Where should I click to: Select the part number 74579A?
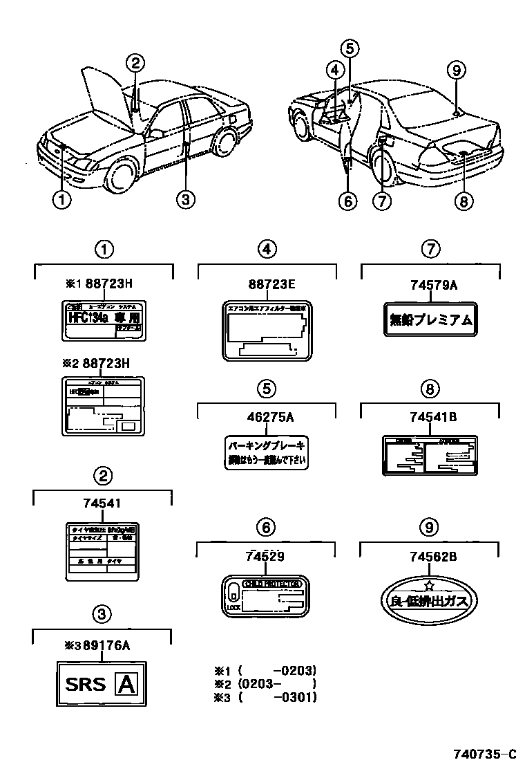[x=429, y=284]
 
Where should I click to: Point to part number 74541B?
[x=429, y=416]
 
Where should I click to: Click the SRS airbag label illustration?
[x=102, y=684]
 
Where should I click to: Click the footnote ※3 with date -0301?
[x=265, y=697]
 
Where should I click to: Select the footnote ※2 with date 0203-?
[x=265, y=683]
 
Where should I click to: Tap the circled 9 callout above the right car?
[x=455, y=69]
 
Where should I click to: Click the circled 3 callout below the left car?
[x=184, y=201]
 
